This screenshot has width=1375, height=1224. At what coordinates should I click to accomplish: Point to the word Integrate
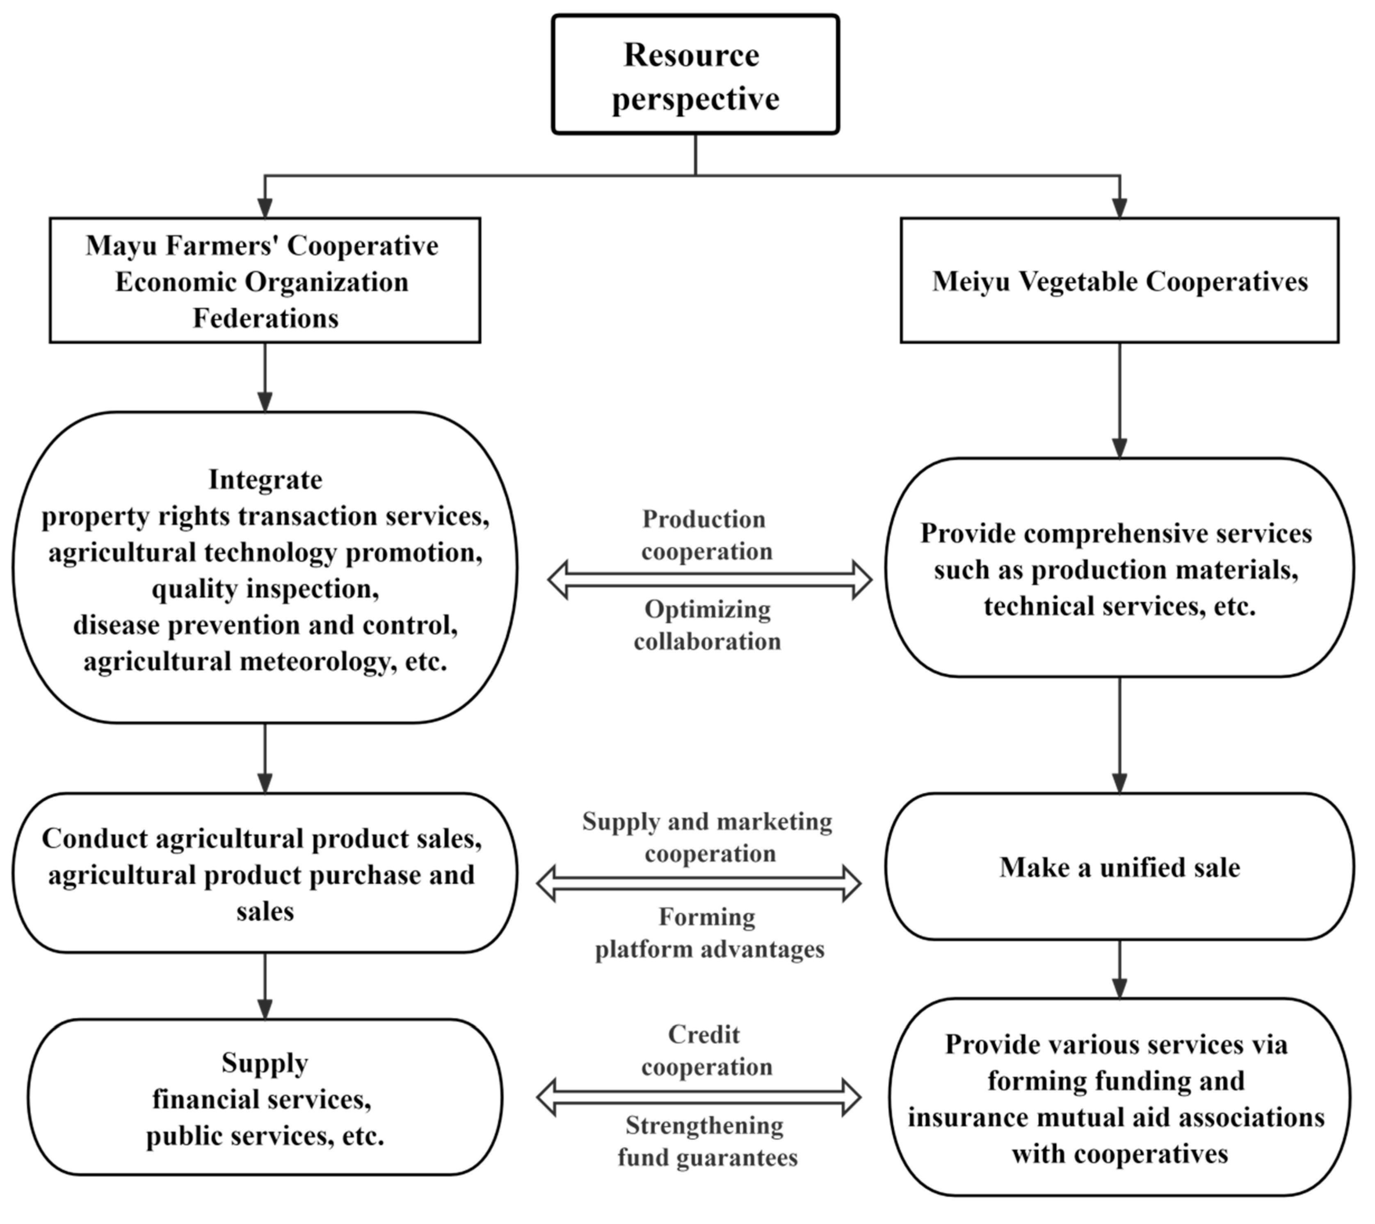[265, 480]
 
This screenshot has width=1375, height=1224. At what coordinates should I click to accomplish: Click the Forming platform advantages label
[708, 933]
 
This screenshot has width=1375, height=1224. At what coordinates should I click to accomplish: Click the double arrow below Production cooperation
[710, 580]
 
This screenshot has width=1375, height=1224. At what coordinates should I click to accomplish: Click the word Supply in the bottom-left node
[265, 1063]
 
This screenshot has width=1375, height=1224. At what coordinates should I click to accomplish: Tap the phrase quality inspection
[265, 589]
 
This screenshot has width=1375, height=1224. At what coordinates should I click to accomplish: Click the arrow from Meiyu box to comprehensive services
[1119, 400]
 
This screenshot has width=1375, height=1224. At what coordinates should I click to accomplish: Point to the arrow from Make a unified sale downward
[1119, 968]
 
